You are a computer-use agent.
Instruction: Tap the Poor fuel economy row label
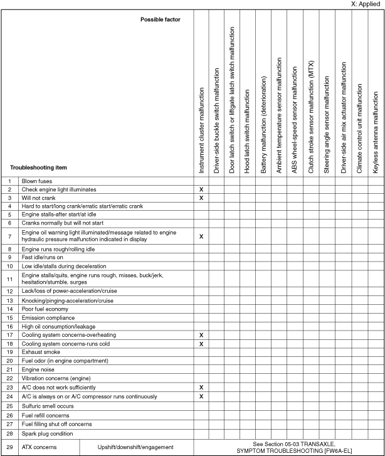point(46,309)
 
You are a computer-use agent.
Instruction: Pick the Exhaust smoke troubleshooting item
point(41,353)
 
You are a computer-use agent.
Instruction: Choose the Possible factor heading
point(161,19)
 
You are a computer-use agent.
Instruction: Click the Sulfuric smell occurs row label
point(48,406)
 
